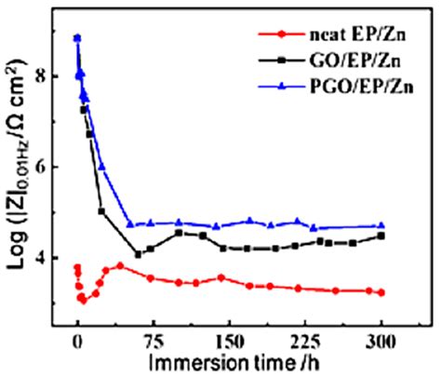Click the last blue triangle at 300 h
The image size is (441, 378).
click(x=381, y=225)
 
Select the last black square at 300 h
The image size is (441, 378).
click(x=381, y=236)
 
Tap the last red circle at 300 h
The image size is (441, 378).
click(x=381, y=292)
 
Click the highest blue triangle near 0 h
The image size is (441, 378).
click(x=77, y=38)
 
